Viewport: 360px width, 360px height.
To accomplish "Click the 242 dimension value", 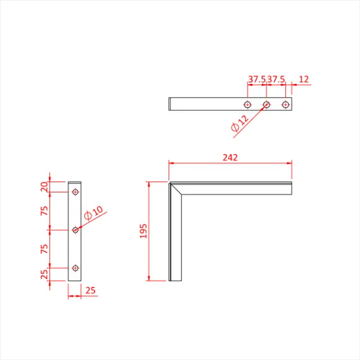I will click(229, 158).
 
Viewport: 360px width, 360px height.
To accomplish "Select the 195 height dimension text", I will click(143, 231).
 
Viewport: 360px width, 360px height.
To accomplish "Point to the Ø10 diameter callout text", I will click(93, 214).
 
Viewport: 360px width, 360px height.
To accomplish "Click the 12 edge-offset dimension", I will click(304, 80).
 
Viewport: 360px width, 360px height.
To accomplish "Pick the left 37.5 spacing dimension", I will click(257, 80).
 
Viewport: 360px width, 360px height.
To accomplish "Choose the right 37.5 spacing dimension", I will click(276, 80).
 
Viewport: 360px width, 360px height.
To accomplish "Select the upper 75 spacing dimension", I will click(46, 211).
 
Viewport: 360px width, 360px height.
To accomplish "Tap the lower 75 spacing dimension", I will click(46, 249).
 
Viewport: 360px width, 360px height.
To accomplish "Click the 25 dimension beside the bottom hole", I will click(46, 275).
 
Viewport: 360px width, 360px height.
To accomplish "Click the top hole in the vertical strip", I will click(75, 192).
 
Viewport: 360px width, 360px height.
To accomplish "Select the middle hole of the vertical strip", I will click(75, 229).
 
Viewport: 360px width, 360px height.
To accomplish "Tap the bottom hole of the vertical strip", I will click(75, 268).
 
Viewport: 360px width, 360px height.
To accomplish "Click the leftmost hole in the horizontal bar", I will click(247, 104).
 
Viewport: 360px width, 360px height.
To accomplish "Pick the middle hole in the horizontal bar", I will click(267, 104).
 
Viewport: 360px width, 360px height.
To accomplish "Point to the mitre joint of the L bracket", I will click(176, 188).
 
